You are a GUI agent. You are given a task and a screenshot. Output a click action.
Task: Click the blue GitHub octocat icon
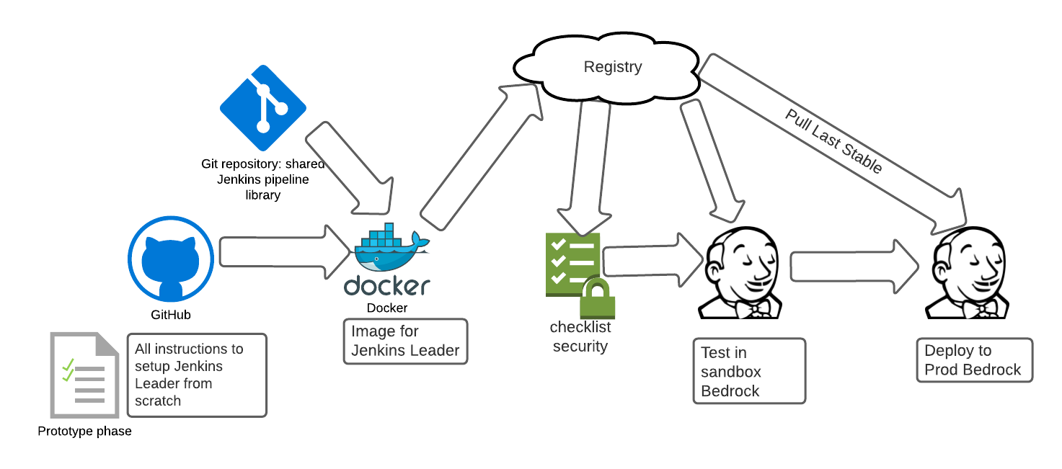click(x=171, y=259)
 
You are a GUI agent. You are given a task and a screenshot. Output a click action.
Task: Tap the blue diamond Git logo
click(x=263, y=108)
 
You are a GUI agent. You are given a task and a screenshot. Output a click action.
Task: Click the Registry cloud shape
click(x=607, y=68)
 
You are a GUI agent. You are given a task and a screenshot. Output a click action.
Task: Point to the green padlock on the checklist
click(x=598, y=298)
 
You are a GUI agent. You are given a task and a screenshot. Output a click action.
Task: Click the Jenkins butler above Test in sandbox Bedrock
click(x=740, y=273)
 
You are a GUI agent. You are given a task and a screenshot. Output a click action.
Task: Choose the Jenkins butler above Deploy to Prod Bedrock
click(x=967, y=273)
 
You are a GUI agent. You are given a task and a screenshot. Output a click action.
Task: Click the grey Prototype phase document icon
click(x=84, y=375)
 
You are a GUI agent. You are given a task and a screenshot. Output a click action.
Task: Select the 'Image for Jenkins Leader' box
click(x=405, y=341)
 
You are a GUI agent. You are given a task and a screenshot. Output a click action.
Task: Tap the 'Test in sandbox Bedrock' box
click(x=749, y=371)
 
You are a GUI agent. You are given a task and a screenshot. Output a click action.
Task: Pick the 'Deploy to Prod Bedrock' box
click(x=975, y=360)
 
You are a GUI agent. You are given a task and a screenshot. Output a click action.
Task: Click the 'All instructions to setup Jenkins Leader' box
click(x=198, y=375)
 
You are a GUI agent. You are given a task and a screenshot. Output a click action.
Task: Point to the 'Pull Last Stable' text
click(x=833, y=141)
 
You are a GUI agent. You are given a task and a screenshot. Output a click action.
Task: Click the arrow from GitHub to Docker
click(x=285, y=252)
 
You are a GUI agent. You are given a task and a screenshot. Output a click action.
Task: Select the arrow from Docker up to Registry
click(x=481, y=157)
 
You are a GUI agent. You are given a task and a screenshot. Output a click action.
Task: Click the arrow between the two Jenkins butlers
click(x=854, y=267)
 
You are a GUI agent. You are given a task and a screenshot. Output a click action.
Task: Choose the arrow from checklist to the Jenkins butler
click(x=652, y=259)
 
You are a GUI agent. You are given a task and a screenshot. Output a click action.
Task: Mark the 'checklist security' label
click(x=580, y=336)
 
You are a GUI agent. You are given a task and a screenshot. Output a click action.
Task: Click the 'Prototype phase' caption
click(x=84, y=431)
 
